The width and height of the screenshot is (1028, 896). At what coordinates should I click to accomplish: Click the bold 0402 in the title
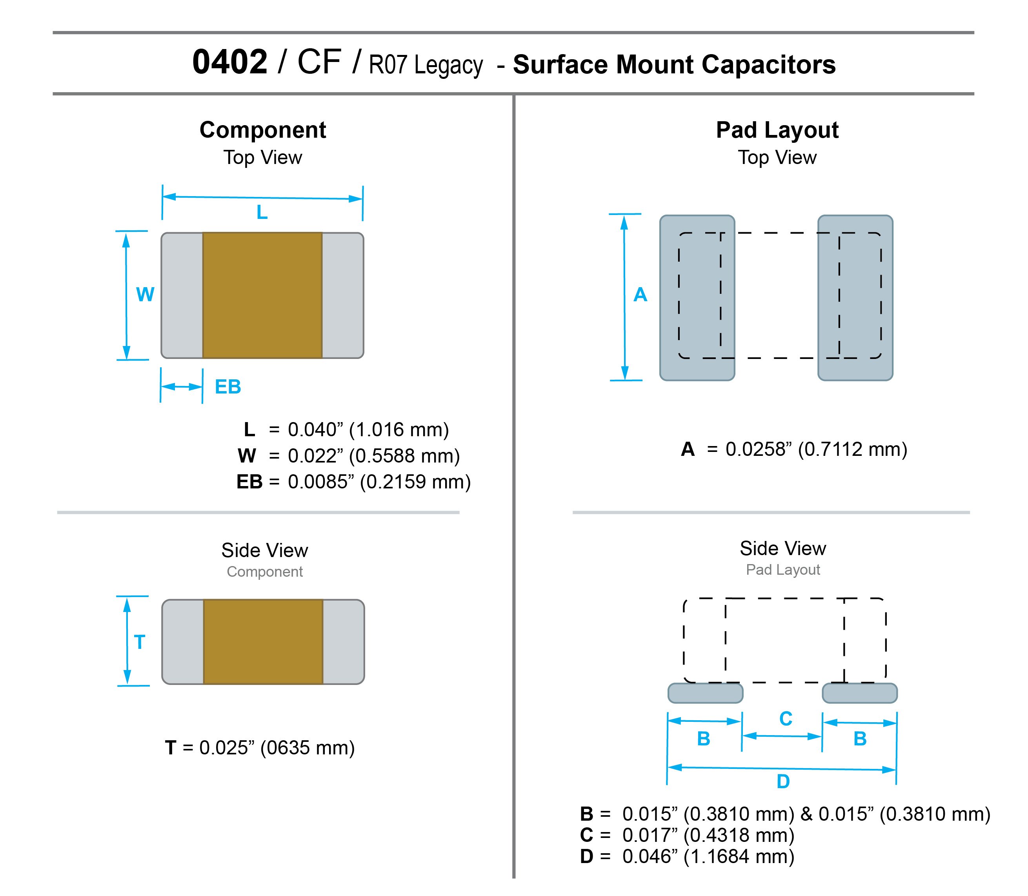229,62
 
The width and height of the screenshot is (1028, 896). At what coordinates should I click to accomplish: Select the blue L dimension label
262,213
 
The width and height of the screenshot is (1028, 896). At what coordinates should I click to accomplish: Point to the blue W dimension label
145,295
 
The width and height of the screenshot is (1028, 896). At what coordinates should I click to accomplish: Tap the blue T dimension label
140,642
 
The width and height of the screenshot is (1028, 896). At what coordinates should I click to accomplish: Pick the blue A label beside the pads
640,295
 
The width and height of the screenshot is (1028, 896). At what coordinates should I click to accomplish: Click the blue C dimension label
786,719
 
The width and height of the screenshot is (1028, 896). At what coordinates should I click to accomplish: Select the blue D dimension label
783,781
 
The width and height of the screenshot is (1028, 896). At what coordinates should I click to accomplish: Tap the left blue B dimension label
704,739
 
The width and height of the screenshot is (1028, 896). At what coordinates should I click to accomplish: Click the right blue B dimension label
860,739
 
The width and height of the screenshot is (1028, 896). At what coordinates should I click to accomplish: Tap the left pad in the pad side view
706,693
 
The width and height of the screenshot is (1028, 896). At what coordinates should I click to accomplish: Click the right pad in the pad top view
855,298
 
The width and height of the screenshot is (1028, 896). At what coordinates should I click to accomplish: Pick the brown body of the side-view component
263,642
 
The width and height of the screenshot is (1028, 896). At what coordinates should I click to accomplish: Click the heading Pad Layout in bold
777,130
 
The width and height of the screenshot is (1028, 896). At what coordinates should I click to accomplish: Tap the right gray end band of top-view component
342,295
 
